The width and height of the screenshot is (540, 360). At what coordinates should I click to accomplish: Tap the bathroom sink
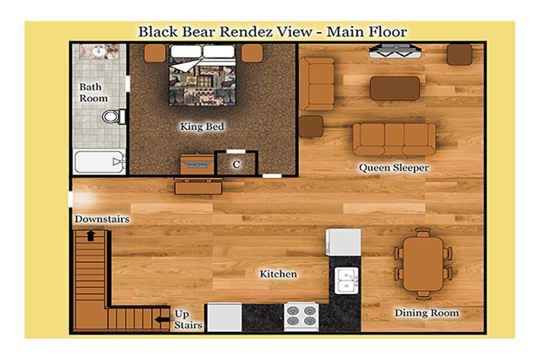pos(99,52)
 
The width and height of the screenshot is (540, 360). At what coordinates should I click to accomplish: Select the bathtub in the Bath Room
pos(99,161)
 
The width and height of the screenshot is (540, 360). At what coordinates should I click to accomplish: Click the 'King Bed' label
pos(202,127)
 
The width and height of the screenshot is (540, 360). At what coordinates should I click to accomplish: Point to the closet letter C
pos(236,164)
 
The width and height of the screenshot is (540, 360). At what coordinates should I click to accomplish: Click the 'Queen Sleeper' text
pos(394,168)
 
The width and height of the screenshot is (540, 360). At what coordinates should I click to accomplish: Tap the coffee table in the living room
pos(395,88)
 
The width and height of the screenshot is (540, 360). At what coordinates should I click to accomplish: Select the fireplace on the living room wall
pos(395,51)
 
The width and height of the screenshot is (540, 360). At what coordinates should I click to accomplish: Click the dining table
pos(423,264)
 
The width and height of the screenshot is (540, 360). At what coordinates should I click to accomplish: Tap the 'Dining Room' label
pos(426,313)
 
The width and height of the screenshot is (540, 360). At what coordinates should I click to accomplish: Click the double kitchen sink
pos(346,281)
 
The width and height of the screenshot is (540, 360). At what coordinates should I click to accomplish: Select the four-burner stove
pos(300,317)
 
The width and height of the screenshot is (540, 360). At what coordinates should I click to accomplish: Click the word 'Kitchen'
pos(278,274)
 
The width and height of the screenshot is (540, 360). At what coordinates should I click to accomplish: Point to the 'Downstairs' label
pos(102,219)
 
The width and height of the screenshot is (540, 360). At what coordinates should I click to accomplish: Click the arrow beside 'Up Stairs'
pos(162,319)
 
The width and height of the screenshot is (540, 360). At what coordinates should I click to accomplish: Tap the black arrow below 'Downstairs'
pos(91,236)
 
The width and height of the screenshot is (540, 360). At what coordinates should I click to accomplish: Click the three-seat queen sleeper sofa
pos(394,139)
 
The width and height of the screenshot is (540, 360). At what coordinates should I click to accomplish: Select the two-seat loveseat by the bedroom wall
pos(317,84)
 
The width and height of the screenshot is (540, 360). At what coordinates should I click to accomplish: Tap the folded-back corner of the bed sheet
pos(186,65)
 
